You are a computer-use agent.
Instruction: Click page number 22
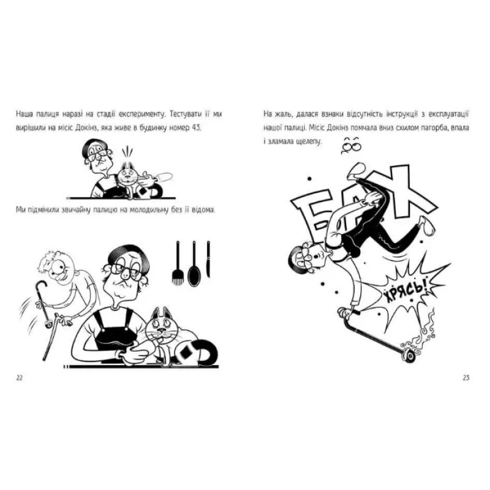[x=20, y=378]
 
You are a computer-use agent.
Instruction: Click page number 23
[x=466, y=378]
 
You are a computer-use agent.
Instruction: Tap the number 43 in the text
[x=195, y=128]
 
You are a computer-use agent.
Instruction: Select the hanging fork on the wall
[x=178, y=263]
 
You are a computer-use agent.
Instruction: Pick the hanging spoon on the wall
[x=194, y=263]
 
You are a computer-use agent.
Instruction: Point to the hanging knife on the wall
[x=208, y=259]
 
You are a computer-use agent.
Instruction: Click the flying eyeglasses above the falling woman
[x=351, y=145]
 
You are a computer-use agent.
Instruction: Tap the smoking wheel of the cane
[x=409, y=356]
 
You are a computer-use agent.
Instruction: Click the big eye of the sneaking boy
[x=59, y=267]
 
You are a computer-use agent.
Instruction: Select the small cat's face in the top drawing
[x=128, y=175]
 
